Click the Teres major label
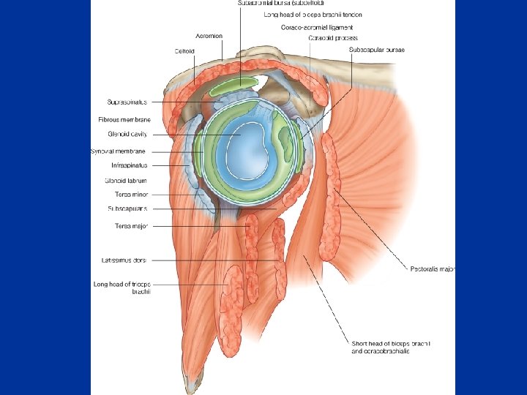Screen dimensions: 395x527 pyautogui.click(x=131, y=226)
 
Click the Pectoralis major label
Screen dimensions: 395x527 pyautogui.click(x=432, y=268)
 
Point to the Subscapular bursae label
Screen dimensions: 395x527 pyautogui.click(x=377, y=50)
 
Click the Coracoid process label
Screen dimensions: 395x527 pyautogui.click(x=333, y=37)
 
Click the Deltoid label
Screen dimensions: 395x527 pyautogui.click(x=184, y=51)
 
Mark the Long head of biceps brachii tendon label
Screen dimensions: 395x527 pyautogui.click(x=313, y=15)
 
